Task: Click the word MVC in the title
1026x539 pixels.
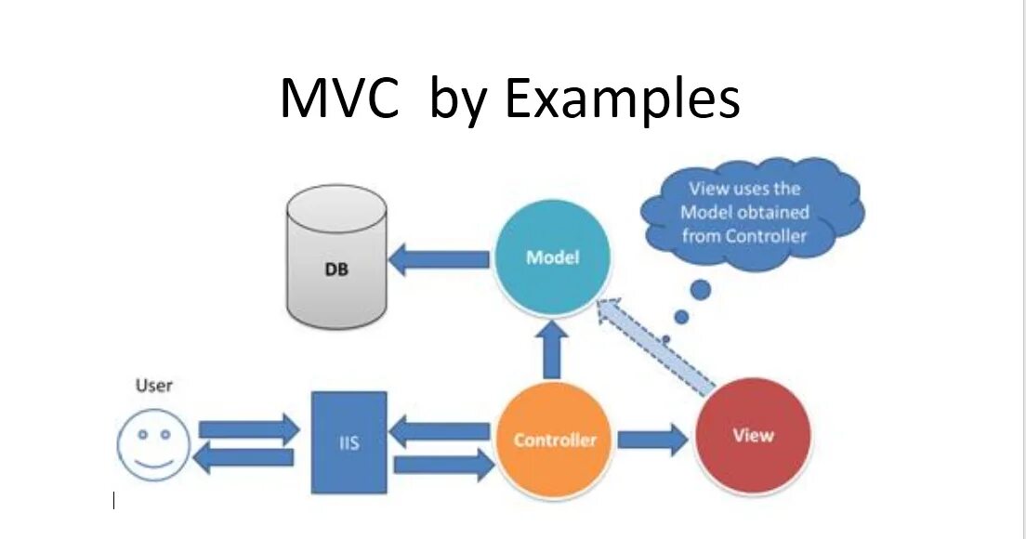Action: click(339, 98)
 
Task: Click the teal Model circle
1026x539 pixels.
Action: click(552, 257)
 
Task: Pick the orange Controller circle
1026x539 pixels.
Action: click(555, 439)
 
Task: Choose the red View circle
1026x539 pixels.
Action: click(753, 435)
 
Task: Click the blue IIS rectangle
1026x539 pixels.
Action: click(349, 442)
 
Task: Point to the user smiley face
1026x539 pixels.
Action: click(153, 444)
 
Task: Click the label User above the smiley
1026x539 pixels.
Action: click(154, 385)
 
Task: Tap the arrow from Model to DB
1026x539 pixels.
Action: click(438, 259)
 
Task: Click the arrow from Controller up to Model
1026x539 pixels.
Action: click(554, 349)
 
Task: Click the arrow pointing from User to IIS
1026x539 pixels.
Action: click(250, 429)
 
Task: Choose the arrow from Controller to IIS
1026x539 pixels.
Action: click(439, 431)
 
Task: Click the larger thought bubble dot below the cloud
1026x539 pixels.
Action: click(700, 290)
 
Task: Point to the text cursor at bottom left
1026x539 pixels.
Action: click(113, 502)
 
